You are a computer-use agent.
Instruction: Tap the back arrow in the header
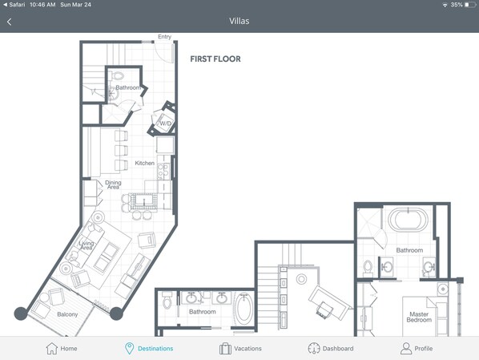(9, 22)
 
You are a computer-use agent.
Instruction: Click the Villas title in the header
(239, 21)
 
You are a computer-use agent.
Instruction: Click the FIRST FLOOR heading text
(215, 59)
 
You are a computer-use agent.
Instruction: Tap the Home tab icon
(51, 349)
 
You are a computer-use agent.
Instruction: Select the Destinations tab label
(155, 349)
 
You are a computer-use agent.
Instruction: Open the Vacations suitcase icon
(225, 349)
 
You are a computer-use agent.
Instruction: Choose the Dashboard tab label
(338, 349)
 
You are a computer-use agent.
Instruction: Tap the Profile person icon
(406, 349)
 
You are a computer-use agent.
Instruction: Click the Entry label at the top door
(165, 37)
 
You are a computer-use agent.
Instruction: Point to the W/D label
(166, 123)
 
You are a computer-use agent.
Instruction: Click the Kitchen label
(144, 163)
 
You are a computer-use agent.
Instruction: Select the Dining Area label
(113, 184)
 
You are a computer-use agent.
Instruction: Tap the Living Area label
(87, 245)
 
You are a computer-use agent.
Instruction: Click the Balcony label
(67, 314)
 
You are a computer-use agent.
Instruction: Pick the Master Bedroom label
(419, 317)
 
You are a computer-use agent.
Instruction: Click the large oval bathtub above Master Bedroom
(409, 219)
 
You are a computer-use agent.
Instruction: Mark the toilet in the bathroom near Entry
(117, 75)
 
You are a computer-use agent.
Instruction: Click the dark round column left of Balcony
(21, 313)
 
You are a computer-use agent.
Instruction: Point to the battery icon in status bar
(470, 5)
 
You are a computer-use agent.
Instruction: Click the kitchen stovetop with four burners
(163, 172)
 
